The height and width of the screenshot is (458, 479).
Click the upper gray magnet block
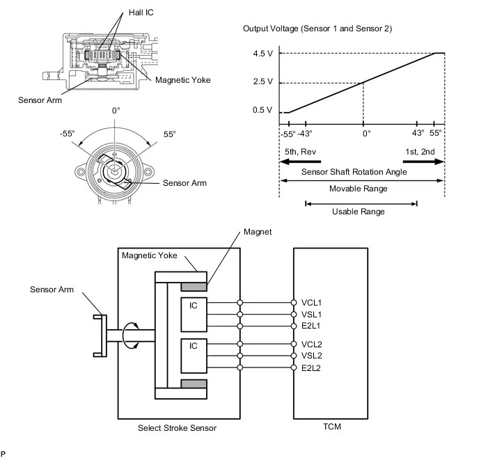pos(193,287)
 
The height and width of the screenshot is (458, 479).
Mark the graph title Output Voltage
pos(317,29)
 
